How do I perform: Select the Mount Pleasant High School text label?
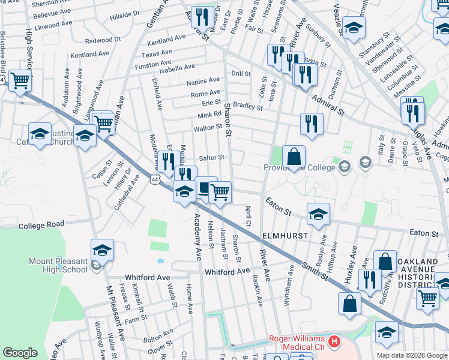pyautogui.click(x=58, y=265)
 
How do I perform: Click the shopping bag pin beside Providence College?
pyautogui.click(x=294, y=158)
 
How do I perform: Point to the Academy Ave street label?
pyautogui.click(x=197, y=238)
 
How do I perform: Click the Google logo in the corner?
pyautogui.click(x=20, y=352)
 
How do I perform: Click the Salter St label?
pyautogui.click(x=211, y=157)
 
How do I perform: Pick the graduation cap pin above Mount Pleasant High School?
pyautogui.click(x=102, y=250)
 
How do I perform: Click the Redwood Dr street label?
pyautogui.click(x=103, y=40)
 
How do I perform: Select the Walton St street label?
pyautogui.click(x=208, y=128)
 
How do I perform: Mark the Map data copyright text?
pyautogui.click(x=411, y=355)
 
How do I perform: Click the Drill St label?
pyautogui.click(x=241, y=73)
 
